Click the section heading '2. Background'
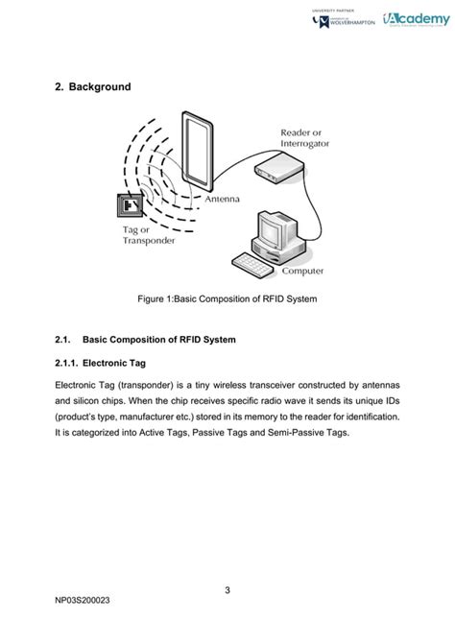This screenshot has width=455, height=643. click(x=92, y=87)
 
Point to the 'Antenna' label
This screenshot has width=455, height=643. click(x=222, y=200)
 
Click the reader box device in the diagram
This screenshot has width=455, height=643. click(x=279, y=171)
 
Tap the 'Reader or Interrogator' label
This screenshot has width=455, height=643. click(x=305, y=137)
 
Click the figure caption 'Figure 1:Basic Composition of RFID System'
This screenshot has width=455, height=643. click(x=227, y=299)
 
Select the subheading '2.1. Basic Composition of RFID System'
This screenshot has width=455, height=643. click(x=146, y=340)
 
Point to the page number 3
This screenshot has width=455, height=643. click(x=227, y=589)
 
